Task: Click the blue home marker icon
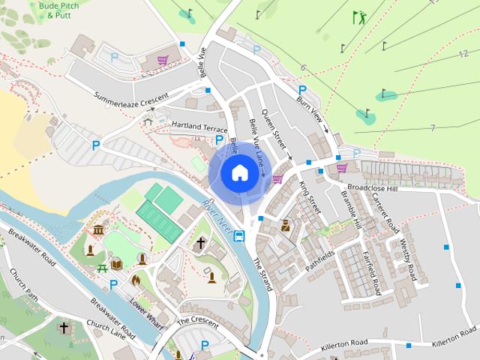point(238,172)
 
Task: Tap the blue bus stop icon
point(239,236)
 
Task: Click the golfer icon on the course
point(360,16)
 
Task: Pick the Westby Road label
point(408,257)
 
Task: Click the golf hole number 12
point(463,54)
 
